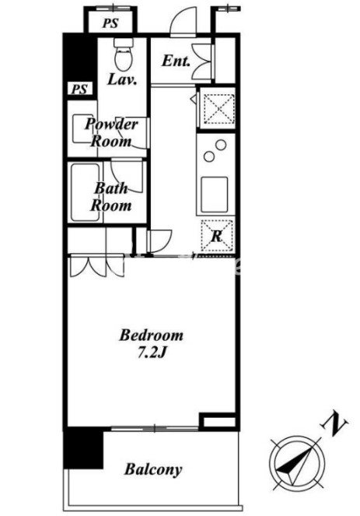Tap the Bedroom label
coord(152,335)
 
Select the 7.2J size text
coord(151,353)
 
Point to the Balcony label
coord(153,469)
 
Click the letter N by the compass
coord(334,423)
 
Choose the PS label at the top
coord(110,23)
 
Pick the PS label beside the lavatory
coord(79,89)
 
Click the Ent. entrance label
coord(176,61)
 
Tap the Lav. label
coord(122,79)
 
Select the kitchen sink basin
coord(215,194)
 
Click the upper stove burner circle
coord(221,145)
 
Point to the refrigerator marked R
coord(217,236)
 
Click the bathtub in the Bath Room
coord(86,192)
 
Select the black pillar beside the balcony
coord(83,448)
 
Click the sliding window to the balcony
coord(155,428)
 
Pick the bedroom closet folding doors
coord(97,265)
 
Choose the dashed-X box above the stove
coord(218,108)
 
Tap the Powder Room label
coord(110,133)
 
